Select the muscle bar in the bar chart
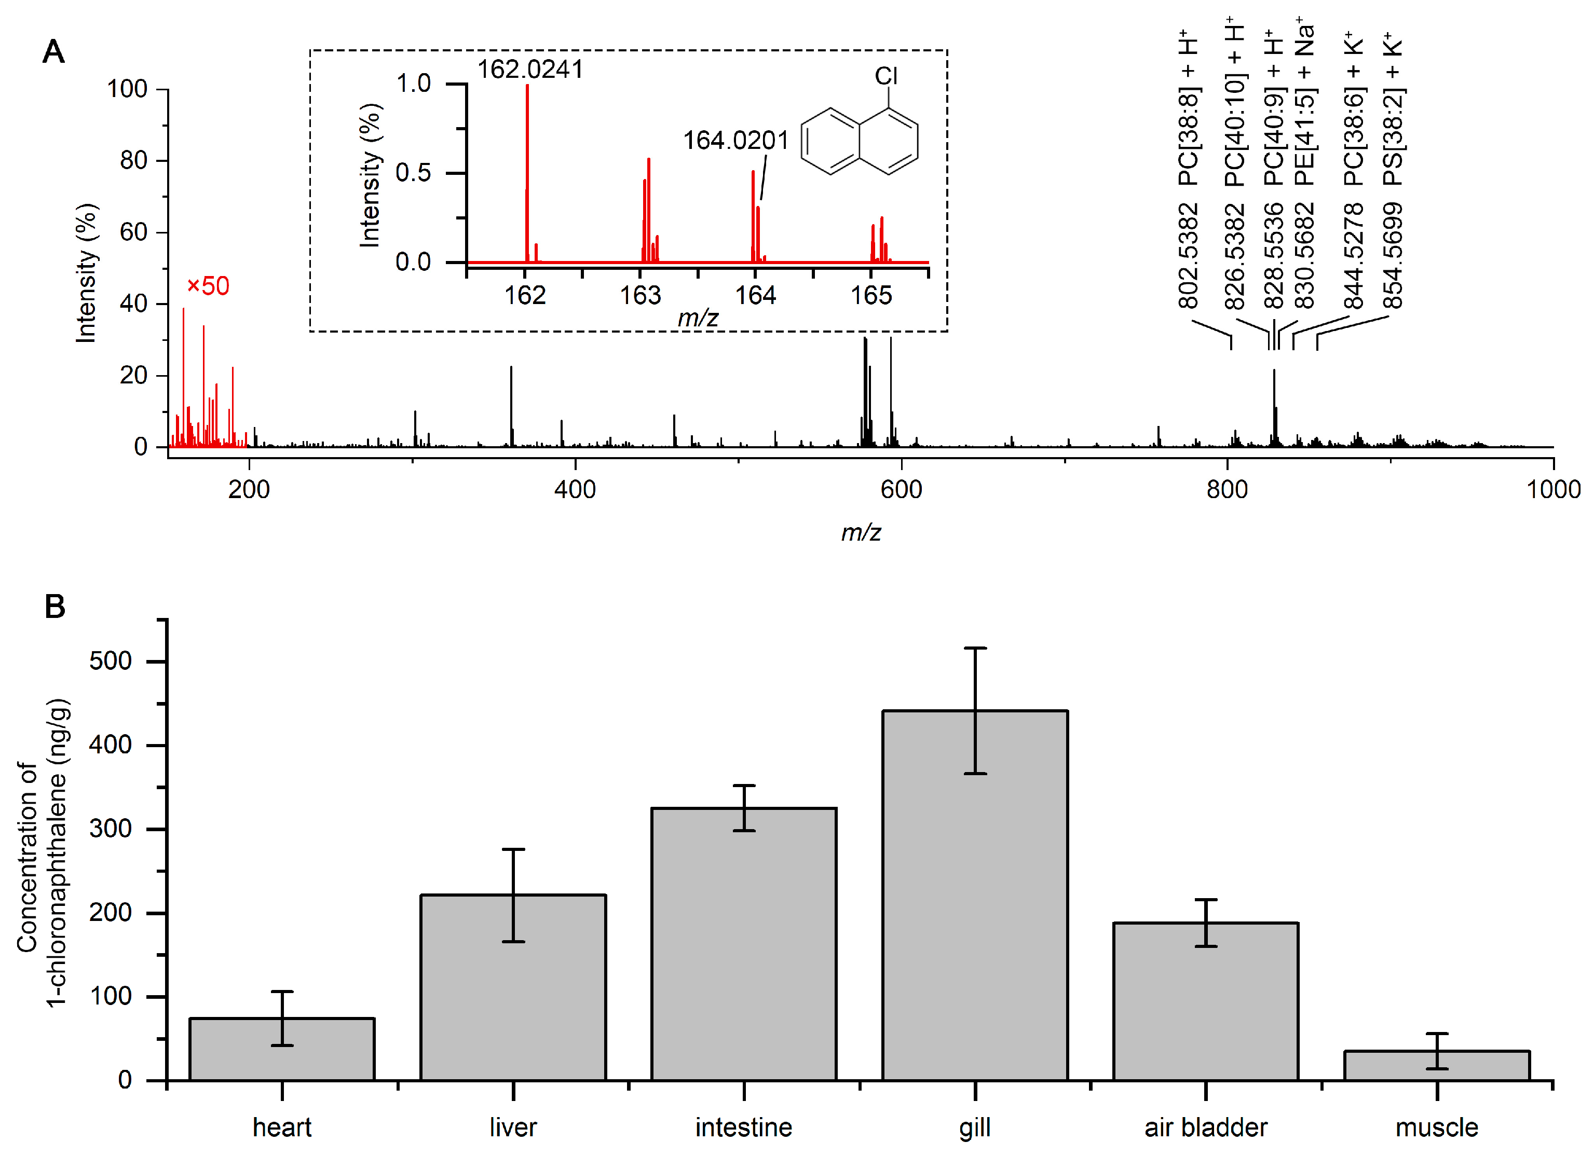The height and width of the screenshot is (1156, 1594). (x=1437, y=1066)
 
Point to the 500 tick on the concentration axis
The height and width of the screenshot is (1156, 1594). (x=111, y=661)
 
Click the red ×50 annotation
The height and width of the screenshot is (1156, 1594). (x=208, y=286)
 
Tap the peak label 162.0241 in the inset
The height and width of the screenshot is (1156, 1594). (x=530, y=70)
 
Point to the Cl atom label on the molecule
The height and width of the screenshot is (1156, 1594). (x=885, y=76)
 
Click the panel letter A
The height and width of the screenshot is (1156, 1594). (x=53, y=52)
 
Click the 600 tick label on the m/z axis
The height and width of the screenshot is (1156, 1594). (x=901, y=489)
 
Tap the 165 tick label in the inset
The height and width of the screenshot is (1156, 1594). (x=871, y=295)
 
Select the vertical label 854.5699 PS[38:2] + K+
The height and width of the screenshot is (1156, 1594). (x=1392, y=169)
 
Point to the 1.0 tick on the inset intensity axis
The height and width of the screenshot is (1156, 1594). (x=413, y=84)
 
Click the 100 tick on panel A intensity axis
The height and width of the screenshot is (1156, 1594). (x=127, y=89)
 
